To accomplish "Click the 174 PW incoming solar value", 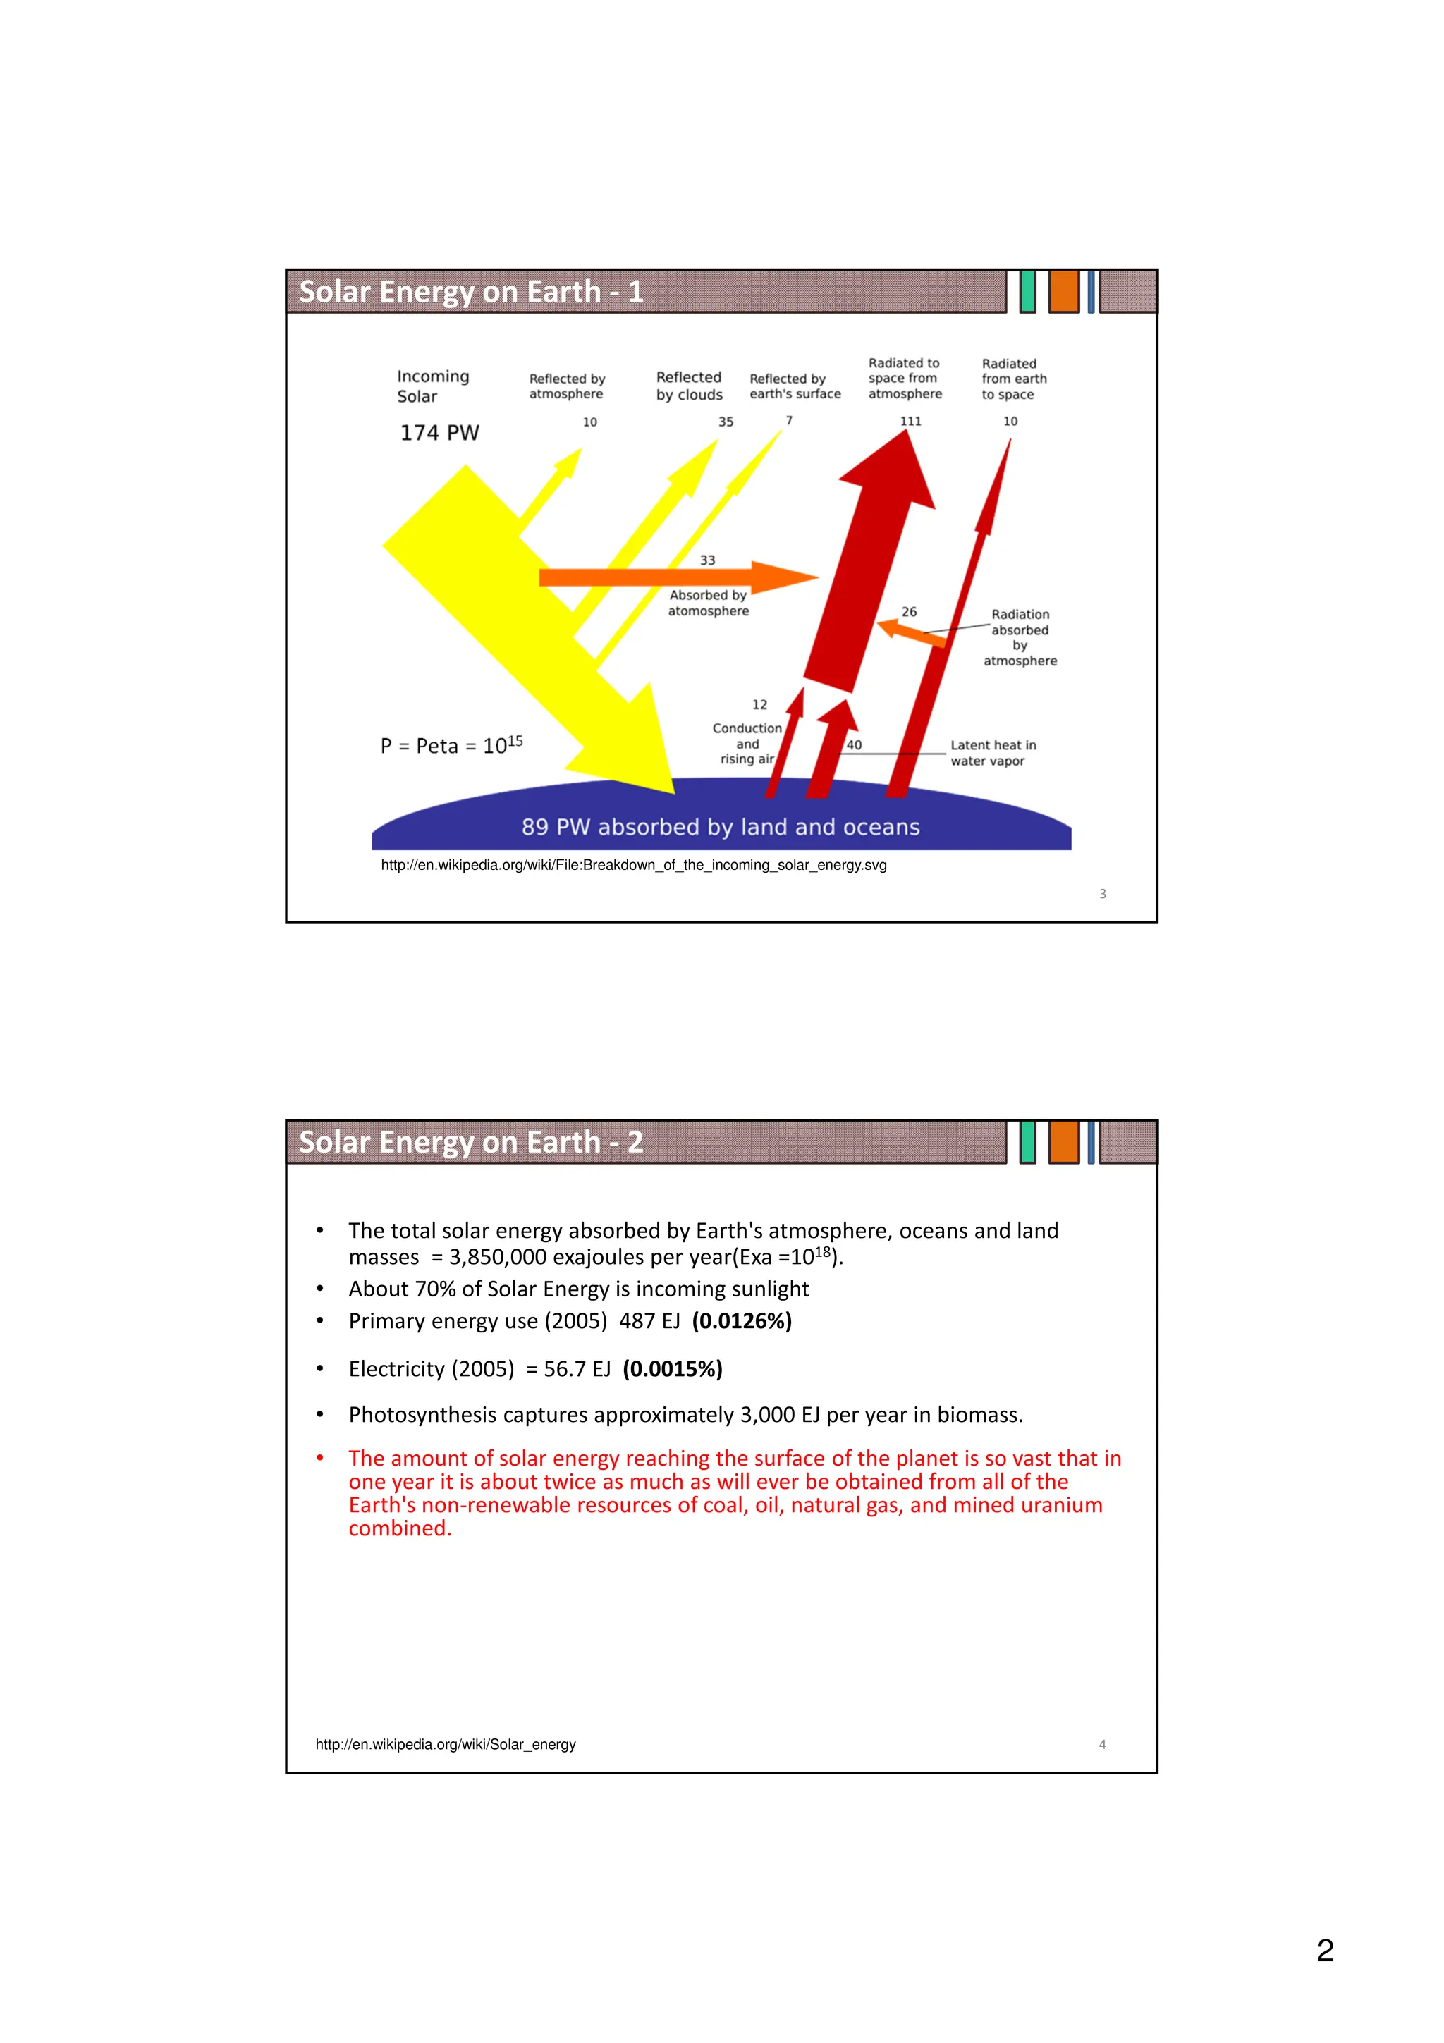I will click(439, 434).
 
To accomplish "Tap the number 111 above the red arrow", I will click(910, 422).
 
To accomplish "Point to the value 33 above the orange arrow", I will click(707, 560).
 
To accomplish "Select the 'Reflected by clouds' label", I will click(690, 386).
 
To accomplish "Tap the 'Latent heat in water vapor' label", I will click(993, 753).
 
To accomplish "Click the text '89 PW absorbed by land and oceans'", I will click(721, 828).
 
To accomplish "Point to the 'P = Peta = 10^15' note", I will click(451, 746).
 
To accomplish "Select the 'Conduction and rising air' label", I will click(747, 743).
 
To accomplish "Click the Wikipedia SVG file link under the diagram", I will click(633, 865).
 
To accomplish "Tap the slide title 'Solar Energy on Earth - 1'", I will click(471, 292).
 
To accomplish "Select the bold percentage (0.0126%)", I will click(742, 1321).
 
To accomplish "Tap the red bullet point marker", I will click(320, 1459).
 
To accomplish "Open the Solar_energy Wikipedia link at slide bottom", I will click(446, 1745).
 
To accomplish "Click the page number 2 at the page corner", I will click(1325, 1951).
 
